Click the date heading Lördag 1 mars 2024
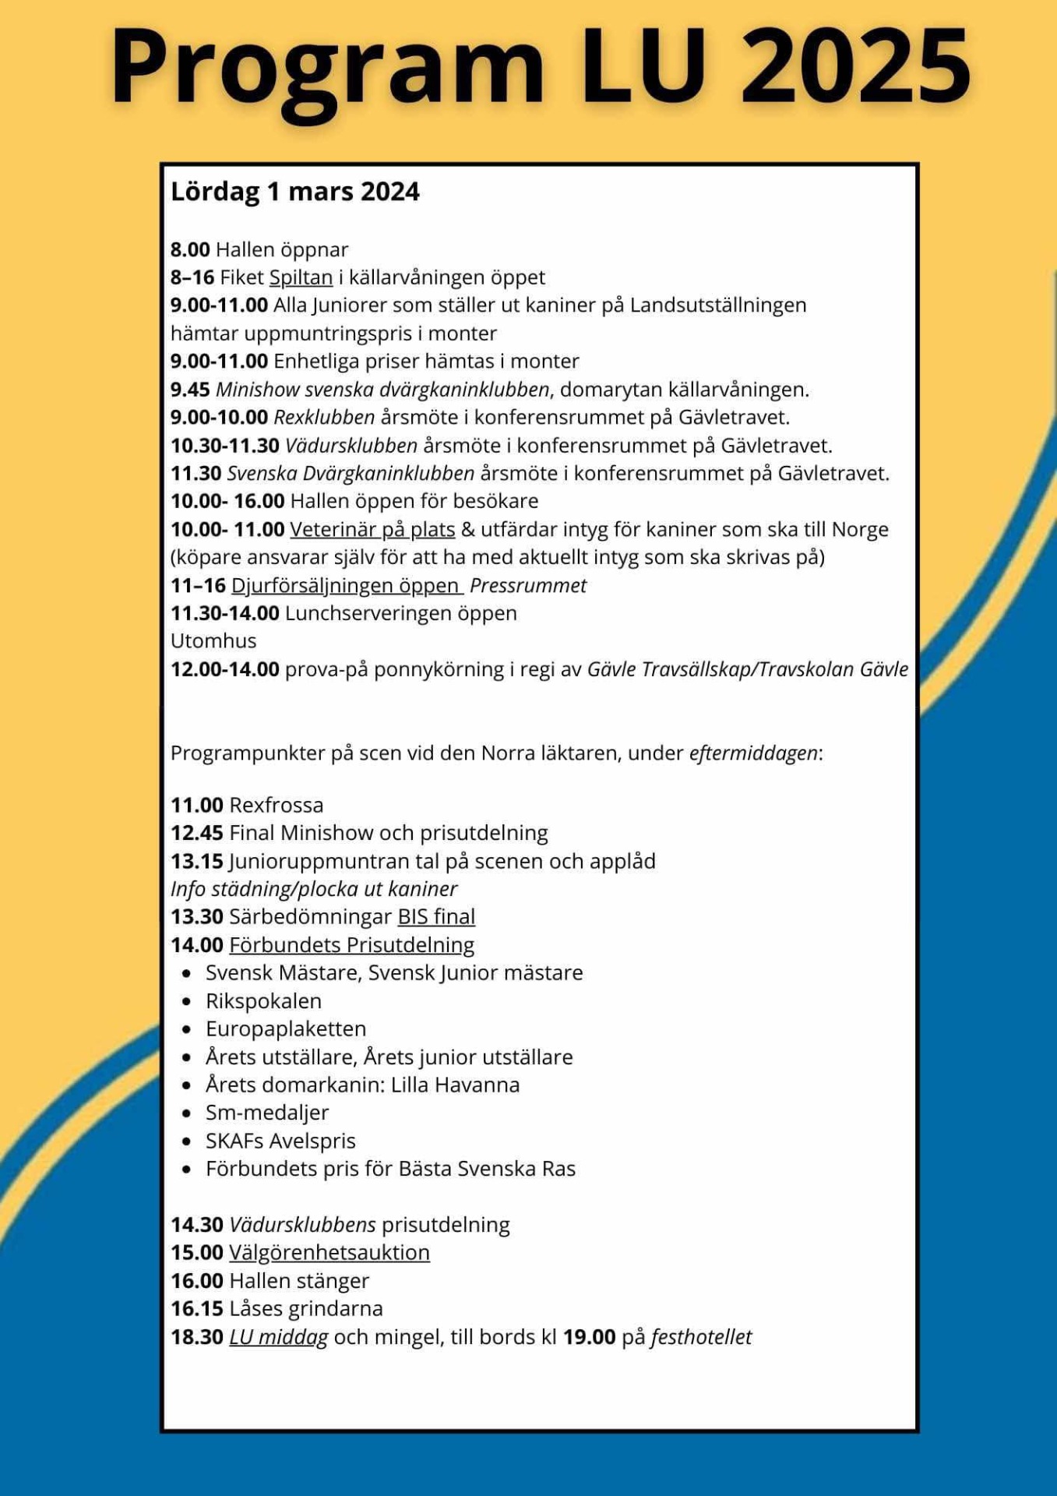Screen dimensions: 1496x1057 point(294,192)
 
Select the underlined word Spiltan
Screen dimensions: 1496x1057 point(301,277)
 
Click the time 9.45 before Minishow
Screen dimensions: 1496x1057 point(190,390)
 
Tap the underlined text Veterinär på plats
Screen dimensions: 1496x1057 point(372,530)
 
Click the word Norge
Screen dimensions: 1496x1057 point(860,530)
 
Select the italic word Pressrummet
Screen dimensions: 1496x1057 point(528,586)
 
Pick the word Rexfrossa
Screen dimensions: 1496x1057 point(277,805)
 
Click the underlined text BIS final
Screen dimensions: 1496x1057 point(436,917)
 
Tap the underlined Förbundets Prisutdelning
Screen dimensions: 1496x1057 point(351,945)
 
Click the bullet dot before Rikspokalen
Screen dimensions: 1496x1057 point(186,1002)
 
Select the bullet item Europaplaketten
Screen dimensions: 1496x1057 point(286,1029)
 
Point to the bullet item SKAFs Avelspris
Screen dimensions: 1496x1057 point(280,1141)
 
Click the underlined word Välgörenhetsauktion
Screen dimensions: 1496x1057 point(329,1253)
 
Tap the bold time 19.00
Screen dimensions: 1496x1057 point(589,1337)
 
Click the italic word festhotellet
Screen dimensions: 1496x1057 point(701,1337)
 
